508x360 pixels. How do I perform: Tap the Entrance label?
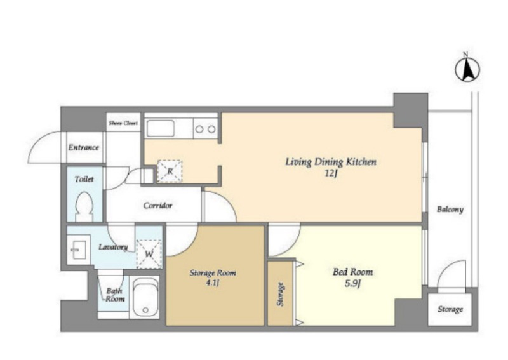point(83,148)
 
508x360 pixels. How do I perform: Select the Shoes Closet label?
point(123,123)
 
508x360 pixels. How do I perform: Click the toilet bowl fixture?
point(84,206)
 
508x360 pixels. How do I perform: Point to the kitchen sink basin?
point(161,129)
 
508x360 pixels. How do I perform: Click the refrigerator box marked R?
point(170,171)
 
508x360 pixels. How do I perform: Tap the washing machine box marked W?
point(149,254)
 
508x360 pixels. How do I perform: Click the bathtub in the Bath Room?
point(145,298)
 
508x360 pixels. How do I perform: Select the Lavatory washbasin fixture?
point(78,250)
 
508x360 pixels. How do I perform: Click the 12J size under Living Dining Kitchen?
point(331,174)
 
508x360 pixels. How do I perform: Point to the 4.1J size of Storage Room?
point(213,284)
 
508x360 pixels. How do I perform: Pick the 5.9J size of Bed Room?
point(352,284)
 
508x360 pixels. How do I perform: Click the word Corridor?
point(157,206)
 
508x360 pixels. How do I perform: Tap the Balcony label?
point(450,210)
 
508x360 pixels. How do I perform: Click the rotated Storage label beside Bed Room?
point(280,294)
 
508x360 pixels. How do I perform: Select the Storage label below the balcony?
point(450,309)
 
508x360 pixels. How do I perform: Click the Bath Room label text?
point(115,295)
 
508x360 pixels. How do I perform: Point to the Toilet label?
point(84,179)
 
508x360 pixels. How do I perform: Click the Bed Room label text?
point(353,272)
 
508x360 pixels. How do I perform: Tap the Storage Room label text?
point(213,273)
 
